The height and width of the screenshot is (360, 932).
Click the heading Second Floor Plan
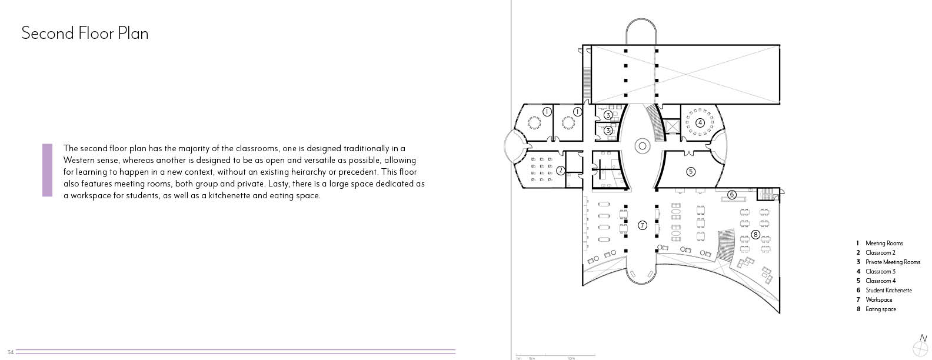pos(85,34)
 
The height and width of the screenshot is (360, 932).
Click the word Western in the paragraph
pos(81,160)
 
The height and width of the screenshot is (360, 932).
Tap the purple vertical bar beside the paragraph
pos(47,170)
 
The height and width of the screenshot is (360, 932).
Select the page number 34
pos(10,352)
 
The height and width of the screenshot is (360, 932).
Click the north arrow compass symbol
pos(923,342)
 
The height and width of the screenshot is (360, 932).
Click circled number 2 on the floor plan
pos(561,171)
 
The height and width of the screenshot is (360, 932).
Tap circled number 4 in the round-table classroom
pos(700,122)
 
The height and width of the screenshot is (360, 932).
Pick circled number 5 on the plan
pos(691,171)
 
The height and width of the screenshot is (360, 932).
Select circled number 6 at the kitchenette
pos(732,195)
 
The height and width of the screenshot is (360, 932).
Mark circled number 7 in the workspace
pos(642,225)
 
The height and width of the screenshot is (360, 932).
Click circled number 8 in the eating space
pos(755,235)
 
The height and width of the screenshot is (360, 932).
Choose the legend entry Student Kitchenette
pos(888,291)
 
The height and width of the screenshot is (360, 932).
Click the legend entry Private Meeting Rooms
pos(893,262)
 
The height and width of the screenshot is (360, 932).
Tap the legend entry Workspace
pos(878,300)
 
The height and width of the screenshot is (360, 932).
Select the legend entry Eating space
pos(880,309)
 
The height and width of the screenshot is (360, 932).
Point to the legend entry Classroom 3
pos(880,272)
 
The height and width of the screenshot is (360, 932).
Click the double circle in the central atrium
pos(642,145)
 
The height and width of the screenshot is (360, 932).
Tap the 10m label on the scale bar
pos(571,358)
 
